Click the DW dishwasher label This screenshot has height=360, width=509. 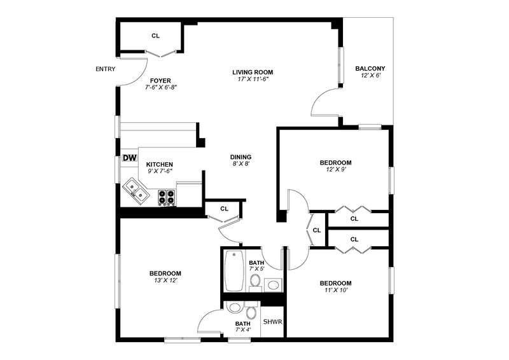point(130,158)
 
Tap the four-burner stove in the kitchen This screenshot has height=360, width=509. point(167,197)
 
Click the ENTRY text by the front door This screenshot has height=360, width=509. point(105,69)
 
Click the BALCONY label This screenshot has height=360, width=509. point(370,69)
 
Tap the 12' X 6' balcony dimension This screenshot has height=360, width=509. point(370,76)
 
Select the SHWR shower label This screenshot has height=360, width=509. point(272,321)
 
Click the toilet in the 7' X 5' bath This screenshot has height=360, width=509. point(255,280)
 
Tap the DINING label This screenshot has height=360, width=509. point(241,157)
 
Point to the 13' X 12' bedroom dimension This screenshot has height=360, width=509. point(165,280)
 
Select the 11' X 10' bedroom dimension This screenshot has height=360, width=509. point(335,290)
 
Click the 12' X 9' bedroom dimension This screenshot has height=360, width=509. point(335,169)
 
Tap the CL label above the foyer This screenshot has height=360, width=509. point(155,36)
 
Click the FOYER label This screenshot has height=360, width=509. point(160,80)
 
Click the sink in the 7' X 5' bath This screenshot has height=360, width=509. point(274,284)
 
